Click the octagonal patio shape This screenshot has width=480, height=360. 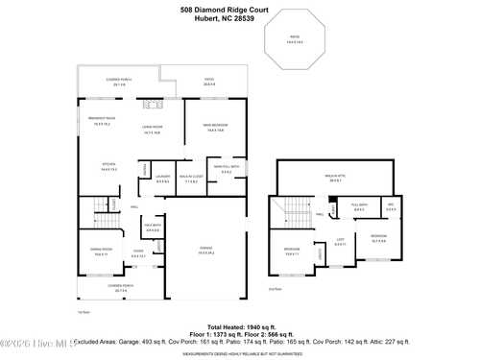293,41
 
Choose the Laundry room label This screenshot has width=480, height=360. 162,178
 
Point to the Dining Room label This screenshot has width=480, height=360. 101,252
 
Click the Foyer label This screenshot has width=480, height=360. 139,253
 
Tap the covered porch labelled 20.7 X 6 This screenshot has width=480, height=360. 120,287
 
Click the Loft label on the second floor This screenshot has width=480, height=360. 340,241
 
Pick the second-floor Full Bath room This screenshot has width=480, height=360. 360,205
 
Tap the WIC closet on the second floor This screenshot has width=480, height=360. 391,205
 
